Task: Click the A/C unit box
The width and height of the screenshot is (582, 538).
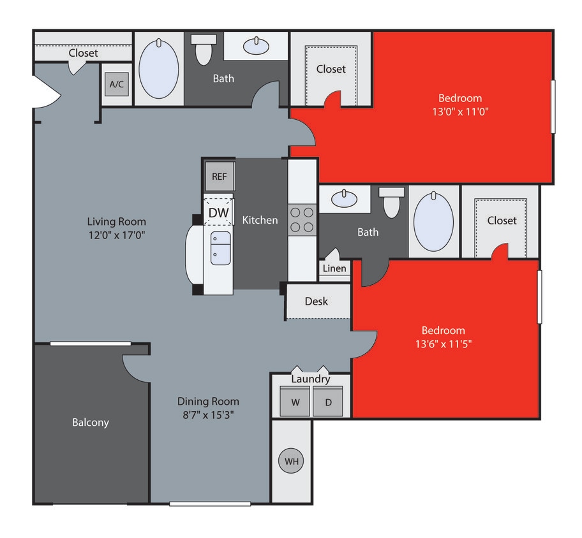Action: [116, 84]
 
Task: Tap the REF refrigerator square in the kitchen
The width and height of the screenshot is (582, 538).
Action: [219, 177]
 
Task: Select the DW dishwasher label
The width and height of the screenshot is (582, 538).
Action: [218, 212]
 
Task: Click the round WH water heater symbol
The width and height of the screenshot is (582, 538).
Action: [291, 461]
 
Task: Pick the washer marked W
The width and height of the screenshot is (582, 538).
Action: [295, 402]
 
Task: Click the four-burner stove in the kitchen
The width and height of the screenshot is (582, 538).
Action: [302, 219]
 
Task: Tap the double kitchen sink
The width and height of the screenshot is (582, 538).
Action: [220, 248]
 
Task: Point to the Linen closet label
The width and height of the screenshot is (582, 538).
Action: [334, 268]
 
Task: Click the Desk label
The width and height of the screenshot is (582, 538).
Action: [317, 301]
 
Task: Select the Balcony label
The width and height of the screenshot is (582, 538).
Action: [90, 422]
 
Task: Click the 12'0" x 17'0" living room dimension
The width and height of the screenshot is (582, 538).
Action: [117, 234]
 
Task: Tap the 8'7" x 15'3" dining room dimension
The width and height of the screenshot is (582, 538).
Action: [208, 414]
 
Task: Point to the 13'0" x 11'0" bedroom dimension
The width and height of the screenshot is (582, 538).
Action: [459, 111]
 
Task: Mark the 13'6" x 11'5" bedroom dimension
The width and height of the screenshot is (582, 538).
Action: [443, 344]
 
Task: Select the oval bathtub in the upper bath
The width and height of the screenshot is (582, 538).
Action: [159, 69]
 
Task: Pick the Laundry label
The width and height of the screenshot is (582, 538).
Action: [311, 379]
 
